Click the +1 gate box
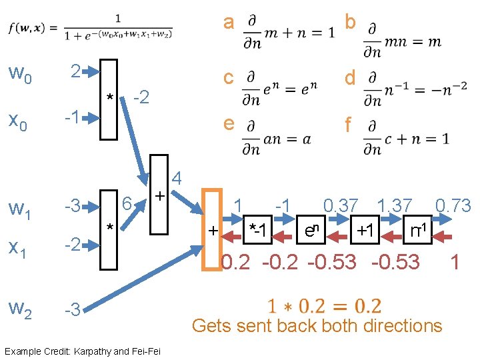click(x=364, y=231)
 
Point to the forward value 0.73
click(x=453, y=206)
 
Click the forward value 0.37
click(x=340, y=206)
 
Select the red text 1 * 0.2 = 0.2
click(x=324, y=306)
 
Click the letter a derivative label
click(x=229, y=23)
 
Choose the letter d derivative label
click(x=349, y=78)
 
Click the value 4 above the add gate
click(x=177, y=179)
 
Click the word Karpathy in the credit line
click(x=99, y=350)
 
